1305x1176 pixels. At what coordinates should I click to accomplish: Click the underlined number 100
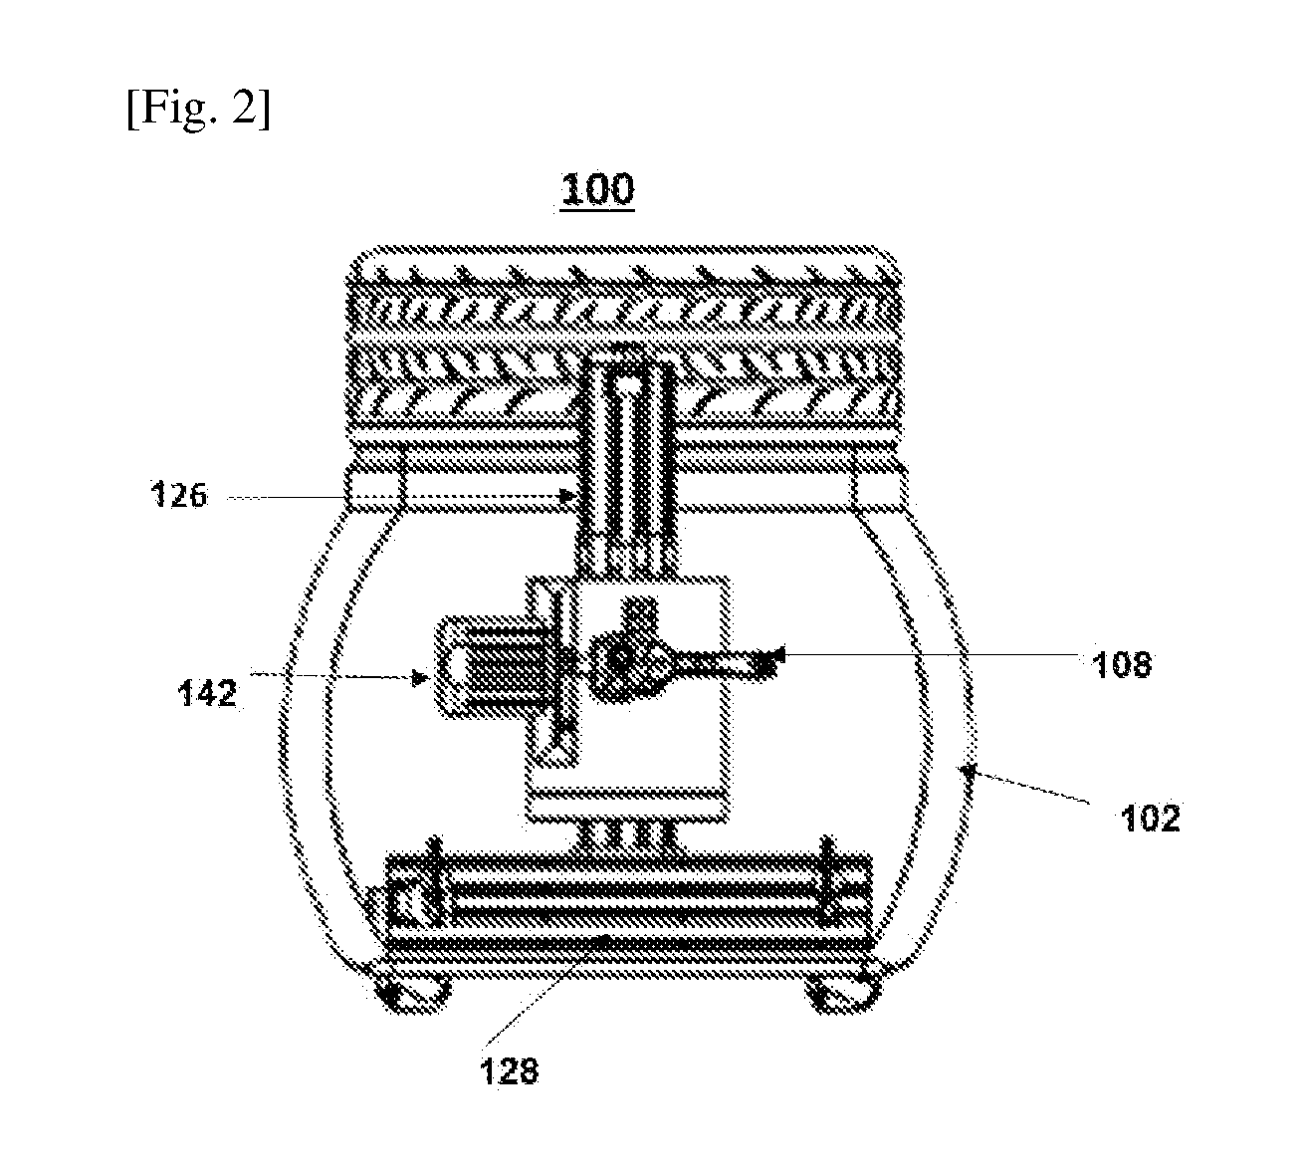597,191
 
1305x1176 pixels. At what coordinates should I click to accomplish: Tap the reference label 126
179,496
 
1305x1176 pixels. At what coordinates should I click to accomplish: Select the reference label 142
207,694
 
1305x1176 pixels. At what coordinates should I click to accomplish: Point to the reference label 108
1123,665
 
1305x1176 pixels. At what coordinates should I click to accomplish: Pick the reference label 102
1150,819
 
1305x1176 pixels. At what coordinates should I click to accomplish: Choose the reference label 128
510,1070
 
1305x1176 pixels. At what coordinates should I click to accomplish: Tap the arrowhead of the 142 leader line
421,679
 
